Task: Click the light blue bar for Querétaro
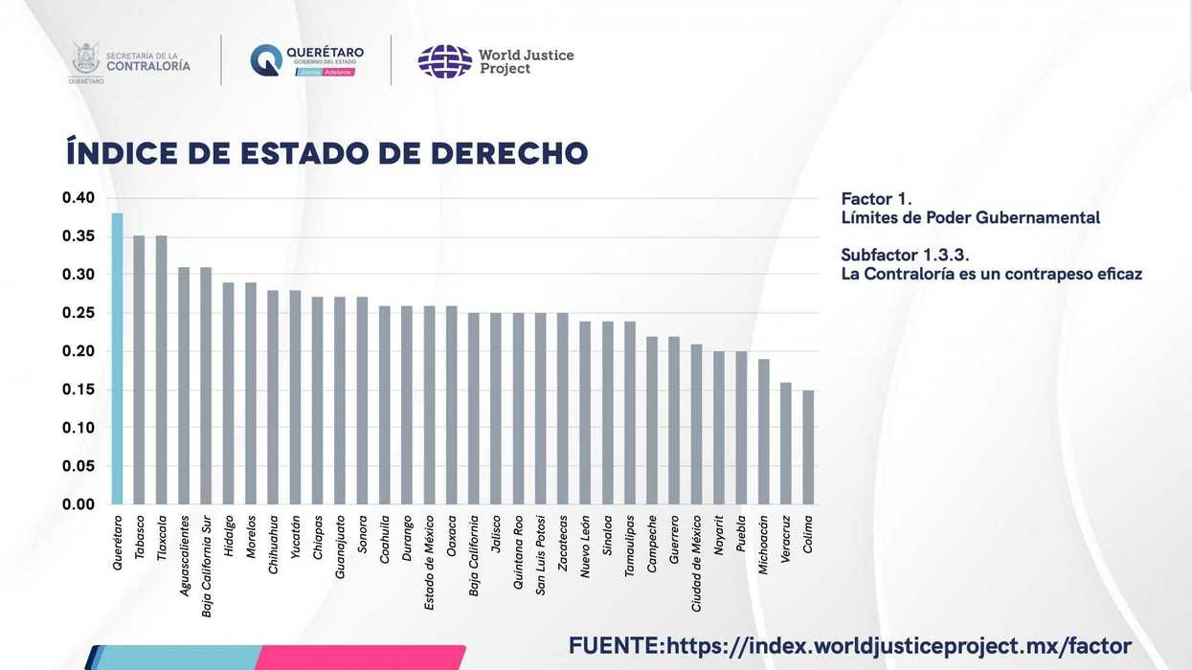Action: click(117, 359)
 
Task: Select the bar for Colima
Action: click(809, 447)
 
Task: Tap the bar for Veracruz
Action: click(786, 443)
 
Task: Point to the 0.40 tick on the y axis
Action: click(79, 198)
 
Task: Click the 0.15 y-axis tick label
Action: click(79, 390)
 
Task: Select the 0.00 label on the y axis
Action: click(79, 504)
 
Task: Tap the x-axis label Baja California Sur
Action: click(207, 566)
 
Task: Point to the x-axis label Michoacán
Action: click(763, 545)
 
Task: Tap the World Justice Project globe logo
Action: click(444, 61)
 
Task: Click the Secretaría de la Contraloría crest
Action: click(85, 59)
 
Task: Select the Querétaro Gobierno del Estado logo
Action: click(266, 59)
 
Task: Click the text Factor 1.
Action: click(875, 199)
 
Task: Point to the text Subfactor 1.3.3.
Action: click(905, 255)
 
